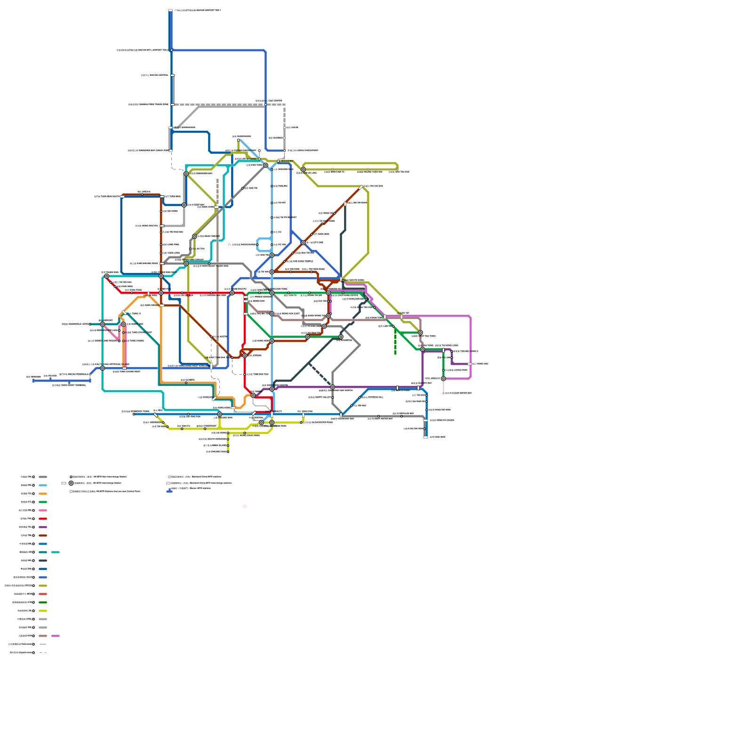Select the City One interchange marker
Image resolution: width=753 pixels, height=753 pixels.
click(x=303, y=243)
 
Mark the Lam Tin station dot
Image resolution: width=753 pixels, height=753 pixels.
click(x=393, y=326)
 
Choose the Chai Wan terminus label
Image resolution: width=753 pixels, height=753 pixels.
click(x=437, y=437)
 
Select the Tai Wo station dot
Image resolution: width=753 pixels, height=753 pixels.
click(x=272, y=203)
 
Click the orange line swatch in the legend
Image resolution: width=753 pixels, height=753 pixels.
click(x=43, y=494)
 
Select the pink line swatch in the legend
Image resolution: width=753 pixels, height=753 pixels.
click(x=43, y=511)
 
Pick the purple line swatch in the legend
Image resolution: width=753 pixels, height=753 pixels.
click(x=43, y=527)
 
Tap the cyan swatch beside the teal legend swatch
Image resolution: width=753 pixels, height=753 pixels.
click(x=56, y=552)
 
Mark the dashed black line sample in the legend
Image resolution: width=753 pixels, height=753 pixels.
click(x=43, y=653)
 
